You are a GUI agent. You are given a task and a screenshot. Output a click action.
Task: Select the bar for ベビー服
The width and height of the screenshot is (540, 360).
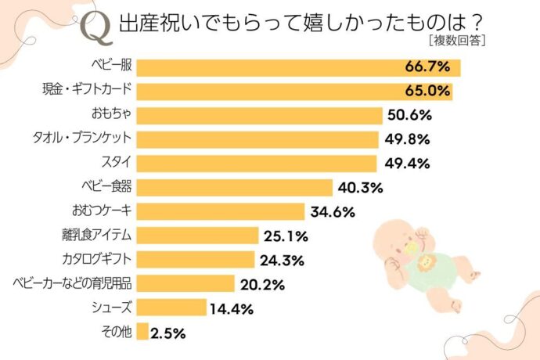click(x=298, y=67)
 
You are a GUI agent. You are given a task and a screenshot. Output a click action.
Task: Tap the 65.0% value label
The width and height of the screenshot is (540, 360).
click(x=427, y=92)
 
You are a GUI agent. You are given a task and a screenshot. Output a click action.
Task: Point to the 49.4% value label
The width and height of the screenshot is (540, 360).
click(x=408, y=164)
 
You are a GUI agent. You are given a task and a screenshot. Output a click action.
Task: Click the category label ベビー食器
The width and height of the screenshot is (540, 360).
click(x=105, y=188)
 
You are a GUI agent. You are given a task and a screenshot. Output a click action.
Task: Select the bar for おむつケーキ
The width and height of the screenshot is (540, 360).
click(x=220, y=211)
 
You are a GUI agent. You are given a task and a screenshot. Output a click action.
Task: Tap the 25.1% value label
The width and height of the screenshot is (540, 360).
click(x=286, y=236)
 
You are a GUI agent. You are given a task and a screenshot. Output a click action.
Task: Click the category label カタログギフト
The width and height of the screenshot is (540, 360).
click(x=96, y=260)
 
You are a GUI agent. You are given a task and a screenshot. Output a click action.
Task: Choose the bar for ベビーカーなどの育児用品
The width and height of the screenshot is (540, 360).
click(x=185, y=283)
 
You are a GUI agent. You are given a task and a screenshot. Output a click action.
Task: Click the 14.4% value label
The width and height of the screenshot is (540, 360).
click(x=232, y=308)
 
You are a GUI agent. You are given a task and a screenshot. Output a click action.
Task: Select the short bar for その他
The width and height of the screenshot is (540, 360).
click(x=142, y=332)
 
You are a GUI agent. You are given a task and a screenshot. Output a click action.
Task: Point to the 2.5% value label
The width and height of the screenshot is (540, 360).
click(x=168, y=333)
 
